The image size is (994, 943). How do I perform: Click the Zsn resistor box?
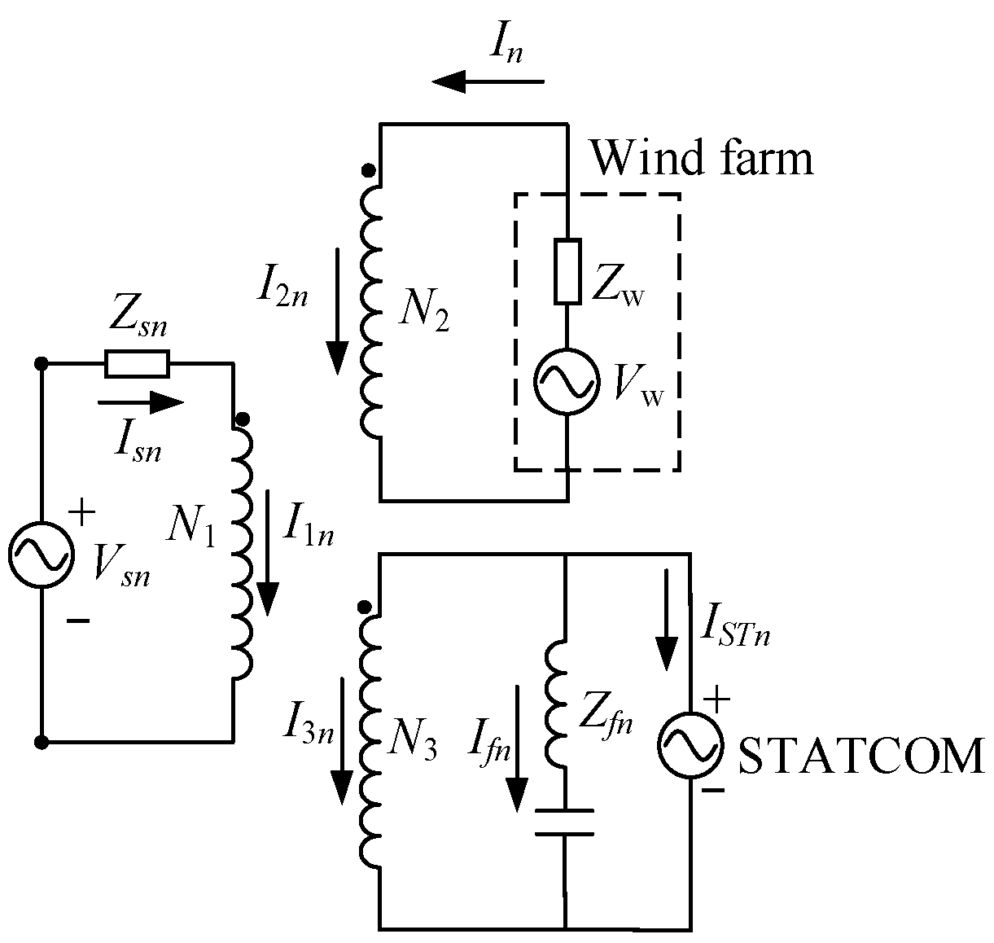click(x=137, y=364)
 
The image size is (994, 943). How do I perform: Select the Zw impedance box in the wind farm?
click(x=567, y=272)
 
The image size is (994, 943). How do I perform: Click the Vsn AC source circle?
click(x=40, y=555)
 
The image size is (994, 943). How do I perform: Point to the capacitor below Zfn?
click(x=564, y=822)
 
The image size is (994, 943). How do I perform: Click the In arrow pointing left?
click(x=488, y=81)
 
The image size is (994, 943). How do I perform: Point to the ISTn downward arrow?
click(x=668, y=619)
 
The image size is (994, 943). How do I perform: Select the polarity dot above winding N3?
click(x=366, y=607)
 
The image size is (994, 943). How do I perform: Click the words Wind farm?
click(x=702, y=158)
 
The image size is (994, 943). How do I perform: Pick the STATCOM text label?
click(x=860, y=757)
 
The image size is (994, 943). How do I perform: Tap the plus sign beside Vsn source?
click(x=81, y=513)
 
